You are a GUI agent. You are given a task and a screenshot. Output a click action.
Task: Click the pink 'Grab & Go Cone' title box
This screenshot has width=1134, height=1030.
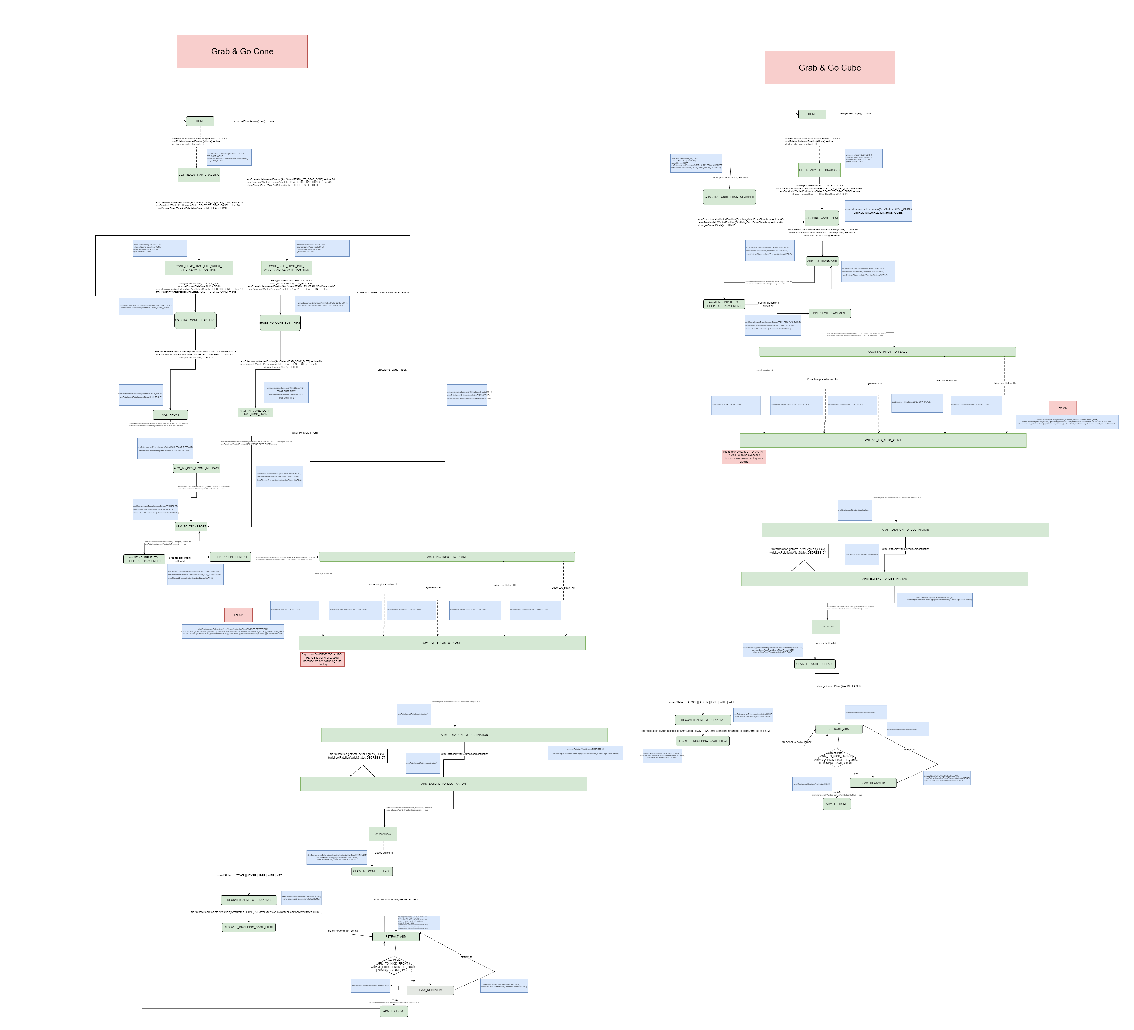(242, 51)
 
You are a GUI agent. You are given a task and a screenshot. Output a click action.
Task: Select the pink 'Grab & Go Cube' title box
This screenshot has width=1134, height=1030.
(830, 68)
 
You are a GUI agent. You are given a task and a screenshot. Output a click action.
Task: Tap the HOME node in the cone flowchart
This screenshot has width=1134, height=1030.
(200, 121)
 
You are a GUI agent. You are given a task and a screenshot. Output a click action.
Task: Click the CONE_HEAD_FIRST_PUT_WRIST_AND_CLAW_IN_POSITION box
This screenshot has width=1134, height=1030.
(199, 268)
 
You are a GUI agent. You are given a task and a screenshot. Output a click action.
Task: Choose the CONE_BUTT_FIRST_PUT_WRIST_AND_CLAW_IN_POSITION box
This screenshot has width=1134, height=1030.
(286, 268)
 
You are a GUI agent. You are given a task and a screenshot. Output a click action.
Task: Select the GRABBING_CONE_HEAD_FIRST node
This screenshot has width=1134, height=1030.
(195, 320)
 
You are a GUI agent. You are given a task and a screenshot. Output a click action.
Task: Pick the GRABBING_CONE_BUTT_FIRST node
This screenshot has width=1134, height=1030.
(280, 322)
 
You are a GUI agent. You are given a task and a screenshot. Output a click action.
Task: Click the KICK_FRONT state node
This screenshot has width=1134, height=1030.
(170, 415)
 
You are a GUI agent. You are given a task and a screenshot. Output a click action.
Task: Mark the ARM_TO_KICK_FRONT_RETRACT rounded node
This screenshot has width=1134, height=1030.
(196, 468)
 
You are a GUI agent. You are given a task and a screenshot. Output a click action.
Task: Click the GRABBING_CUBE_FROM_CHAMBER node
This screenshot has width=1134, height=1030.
(729, 197)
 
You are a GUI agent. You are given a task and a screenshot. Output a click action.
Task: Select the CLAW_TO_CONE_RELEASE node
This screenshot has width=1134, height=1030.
(372, 871)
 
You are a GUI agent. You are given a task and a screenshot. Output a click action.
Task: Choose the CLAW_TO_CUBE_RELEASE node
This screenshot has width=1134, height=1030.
(815, 664)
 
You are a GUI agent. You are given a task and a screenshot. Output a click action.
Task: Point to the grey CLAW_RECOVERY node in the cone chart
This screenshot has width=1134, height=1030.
(430, 990)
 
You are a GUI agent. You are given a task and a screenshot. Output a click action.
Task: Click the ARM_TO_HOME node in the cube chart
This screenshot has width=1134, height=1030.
(836, 804)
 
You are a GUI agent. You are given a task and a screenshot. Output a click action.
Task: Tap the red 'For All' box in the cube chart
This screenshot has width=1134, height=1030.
(1063, 407)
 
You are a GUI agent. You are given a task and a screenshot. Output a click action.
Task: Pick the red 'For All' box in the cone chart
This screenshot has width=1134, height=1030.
(238, 615)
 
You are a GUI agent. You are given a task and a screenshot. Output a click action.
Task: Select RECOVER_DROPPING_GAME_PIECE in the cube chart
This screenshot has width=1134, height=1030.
(703, 741)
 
